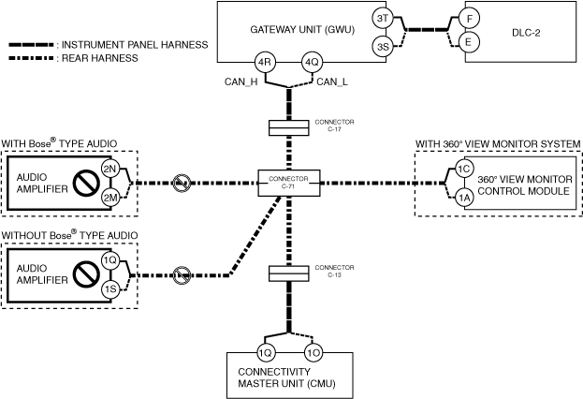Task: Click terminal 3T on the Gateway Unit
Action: pyautogui.click(x=383, y=18)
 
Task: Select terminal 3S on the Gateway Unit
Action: pyautogui.click(x=383, y=47)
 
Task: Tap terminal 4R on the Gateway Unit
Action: pyautogui.click(x=264, y=63)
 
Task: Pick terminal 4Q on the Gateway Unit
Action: pyautogui.click(x=312, y=63)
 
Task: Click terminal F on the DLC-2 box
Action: pyautogui.click(x=470, y=19)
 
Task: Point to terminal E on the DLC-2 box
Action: pyautogui.click(x=468, y=42)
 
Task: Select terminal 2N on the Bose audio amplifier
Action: pyautogui.click(x=110, y=170)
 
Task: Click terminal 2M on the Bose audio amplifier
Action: pyautogui.click(x=110, y=198)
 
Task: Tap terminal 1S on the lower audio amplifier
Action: pyautogui.click(x=110, y=289)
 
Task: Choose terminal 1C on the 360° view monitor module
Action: pyautogui.click(x=463, y=170)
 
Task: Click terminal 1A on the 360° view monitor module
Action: pyautogui.click(x=463, y=198)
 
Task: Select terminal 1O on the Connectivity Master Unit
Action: pyautogui.click(x=313, y=353)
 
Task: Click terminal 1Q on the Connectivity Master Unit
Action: pyautogui.click(x=266, y=353)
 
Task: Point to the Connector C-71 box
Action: pyautogui.click(x=289, y=183)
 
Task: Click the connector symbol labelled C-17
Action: pyautogui.click(x=288, y=127)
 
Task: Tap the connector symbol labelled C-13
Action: pyautogui.click(x=288, y=273)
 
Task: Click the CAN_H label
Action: pyautogui.click(x=240, y=81)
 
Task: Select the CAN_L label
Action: pyautogui.click(x=331, y=81)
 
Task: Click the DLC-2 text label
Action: pyautogui.click(x=526, y=33)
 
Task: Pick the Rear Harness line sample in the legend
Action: pyautogui.click(x=31, y=58)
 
